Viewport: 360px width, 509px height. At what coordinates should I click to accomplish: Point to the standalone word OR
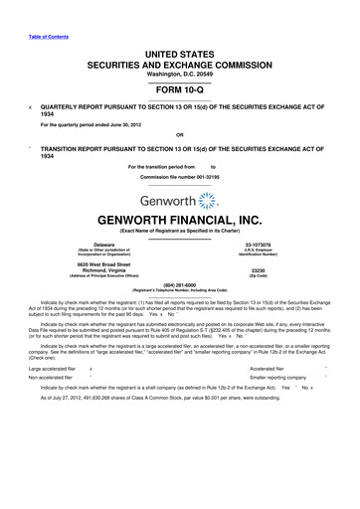click(x=179, y=134)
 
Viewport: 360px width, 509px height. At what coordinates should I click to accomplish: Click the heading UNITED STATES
click(x=179, y=36)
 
